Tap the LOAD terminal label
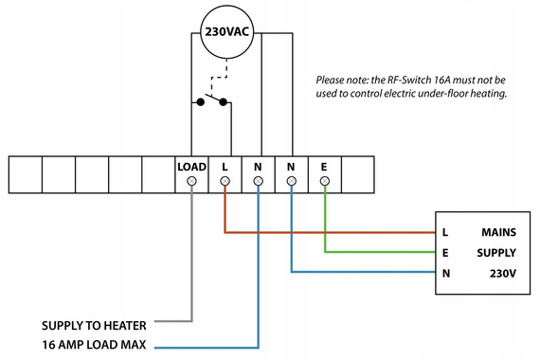point(191,167)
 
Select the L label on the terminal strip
point(225,167)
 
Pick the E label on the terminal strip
point(324,167)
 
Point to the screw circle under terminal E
point(324,180)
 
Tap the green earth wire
point(379,252)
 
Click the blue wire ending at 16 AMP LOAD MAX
point(258,284)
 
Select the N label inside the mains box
point(444,274)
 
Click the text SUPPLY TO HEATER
point(94,322)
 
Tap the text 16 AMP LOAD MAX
point(94,344)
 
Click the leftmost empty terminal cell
point(26,173)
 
